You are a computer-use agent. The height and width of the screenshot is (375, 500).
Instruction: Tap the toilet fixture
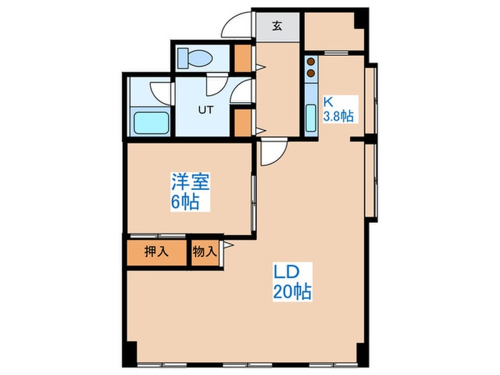coord(192,57)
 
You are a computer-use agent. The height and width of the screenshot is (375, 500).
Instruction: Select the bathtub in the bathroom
coord(151,122)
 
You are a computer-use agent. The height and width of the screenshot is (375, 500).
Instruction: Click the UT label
coord(206,110)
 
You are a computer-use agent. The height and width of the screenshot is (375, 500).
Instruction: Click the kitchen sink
coord(311,119)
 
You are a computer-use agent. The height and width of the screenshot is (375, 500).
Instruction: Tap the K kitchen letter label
coord(330,101)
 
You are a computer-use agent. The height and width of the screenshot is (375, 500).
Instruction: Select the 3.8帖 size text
coord(339,115)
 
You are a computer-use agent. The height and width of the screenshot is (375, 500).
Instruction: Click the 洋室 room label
coord(189,182)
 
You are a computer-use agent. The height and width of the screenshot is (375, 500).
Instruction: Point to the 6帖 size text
coord(184,201)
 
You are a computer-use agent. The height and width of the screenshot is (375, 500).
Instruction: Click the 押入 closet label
coord(156,251)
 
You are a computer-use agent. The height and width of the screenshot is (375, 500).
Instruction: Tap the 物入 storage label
coord(204,251)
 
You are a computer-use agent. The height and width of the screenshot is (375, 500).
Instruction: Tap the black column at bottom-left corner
coord(129,353)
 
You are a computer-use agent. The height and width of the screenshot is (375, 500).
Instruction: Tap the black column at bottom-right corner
coord(362,353)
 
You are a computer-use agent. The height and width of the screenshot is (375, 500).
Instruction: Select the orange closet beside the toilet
coord(244,59)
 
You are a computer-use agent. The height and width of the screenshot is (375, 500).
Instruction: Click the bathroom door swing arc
coord(159,91)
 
